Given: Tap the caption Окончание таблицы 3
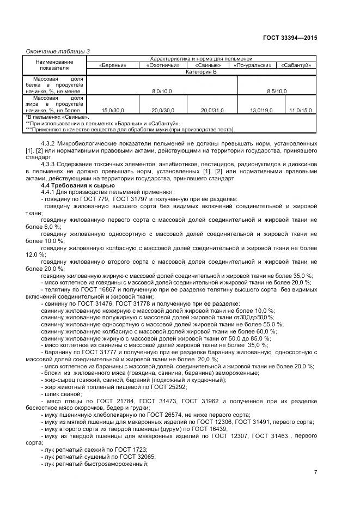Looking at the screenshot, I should point(58,51).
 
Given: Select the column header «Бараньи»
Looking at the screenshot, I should point(113,65).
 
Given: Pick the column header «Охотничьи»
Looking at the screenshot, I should point(162,65).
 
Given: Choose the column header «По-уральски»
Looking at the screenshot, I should point(253,65).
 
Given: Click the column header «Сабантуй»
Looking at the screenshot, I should point(296,65).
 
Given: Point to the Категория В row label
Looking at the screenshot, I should point(201,71).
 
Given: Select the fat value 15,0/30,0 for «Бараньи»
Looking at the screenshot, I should point(113,110).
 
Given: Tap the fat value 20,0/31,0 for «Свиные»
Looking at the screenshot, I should point(212,110).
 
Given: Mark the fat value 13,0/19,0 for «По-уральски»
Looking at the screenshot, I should point(253,110).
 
